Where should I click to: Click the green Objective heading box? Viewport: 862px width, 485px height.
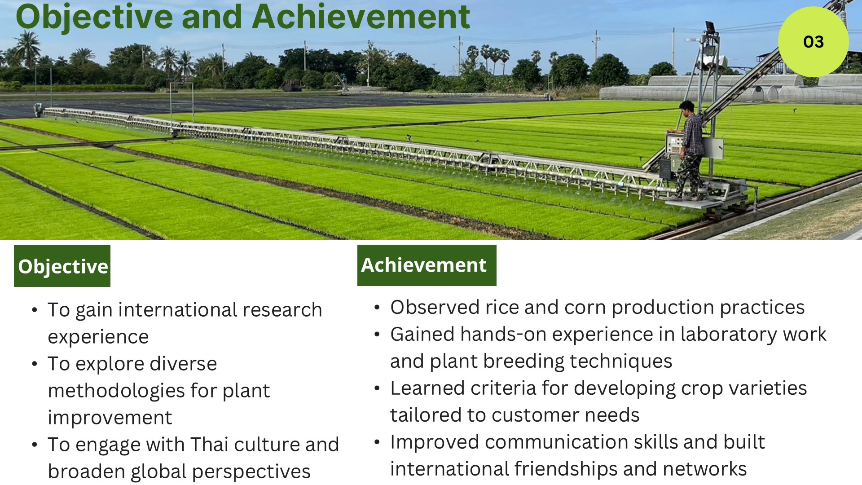(x=62, y=266)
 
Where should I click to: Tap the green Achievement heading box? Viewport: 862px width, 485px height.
(x=427, y=265)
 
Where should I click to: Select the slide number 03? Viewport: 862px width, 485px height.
(x=814, y=42)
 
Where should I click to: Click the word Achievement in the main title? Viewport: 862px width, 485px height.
(x=361, y=17)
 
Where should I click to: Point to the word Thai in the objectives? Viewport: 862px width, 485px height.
(x=210, y=444)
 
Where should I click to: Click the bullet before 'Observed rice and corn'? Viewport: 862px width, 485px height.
(x=377, y=308)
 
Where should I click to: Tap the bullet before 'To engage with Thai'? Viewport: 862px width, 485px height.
(x=35, y=445)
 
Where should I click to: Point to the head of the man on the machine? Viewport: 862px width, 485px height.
(x=686, y=108)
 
